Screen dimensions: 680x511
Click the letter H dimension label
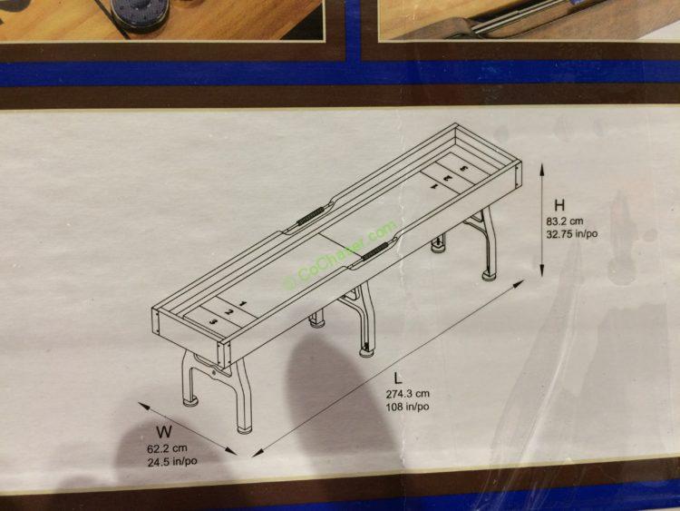pyautogui.click(x=559, y=205)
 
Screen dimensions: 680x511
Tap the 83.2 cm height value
pyautogui.click(x=565, y=221)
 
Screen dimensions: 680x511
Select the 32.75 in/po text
pyautogui.click(x=571, y=234)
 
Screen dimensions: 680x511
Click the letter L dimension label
pyautogui.click(x=398, y=378)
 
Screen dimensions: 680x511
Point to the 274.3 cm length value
pyautogui.click(x=408, y=394)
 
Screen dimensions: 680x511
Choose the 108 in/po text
pyautogui.click(x=408, y=407)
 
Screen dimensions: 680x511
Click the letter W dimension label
pyautogui.click(x=164, y=432)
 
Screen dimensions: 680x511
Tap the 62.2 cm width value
pyautogui.click(x=167, y=448)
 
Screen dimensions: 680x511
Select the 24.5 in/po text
pyautogui.click(x=172, y=461)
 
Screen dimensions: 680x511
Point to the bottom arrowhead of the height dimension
pyautogui.click(x=541, y=270)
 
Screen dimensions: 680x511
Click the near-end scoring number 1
pyautogui.click(x=242, y=304)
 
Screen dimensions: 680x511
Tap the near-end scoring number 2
pyautogui.click(x=228, y=312)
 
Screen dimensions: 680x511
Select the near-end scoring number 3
pyautogui.click(x=213, y=321)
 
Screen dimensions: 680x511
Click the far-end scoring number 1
pyautogui.click(x=433, y=186)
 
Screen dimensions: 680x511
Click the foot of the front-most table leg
pyautogui.click(x=246, y=429)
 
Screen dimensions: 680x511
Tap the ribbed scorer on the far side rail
pyautogui.click(x=310, y=215)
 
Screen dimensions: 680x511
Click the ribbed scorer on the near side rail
pyautogui.click(x=374, y=251)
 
